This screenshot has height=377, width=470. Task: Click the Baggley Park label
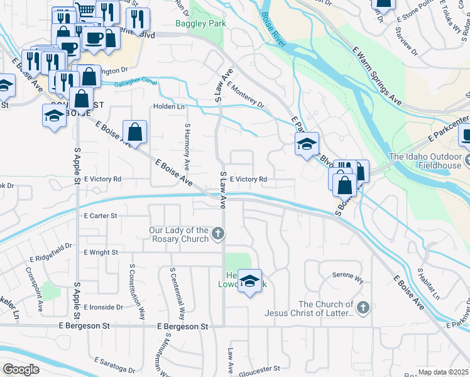click(x=200, y=23)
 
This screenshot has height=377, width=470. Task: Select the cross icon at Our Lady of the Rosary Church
click(x=218, y=235)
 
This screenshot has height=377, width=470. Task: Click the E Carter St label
click(x=101, y=216)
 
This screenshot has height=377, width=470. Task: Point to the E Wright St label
click(x=101, y=252)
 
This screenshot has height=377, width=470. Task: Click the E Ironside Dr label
click(x=102, y=307)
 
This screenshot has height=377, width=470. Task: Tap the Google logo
click(x=21, y=369)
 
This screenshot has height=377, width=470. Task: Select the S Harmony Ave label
click(x=187, y=146)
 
